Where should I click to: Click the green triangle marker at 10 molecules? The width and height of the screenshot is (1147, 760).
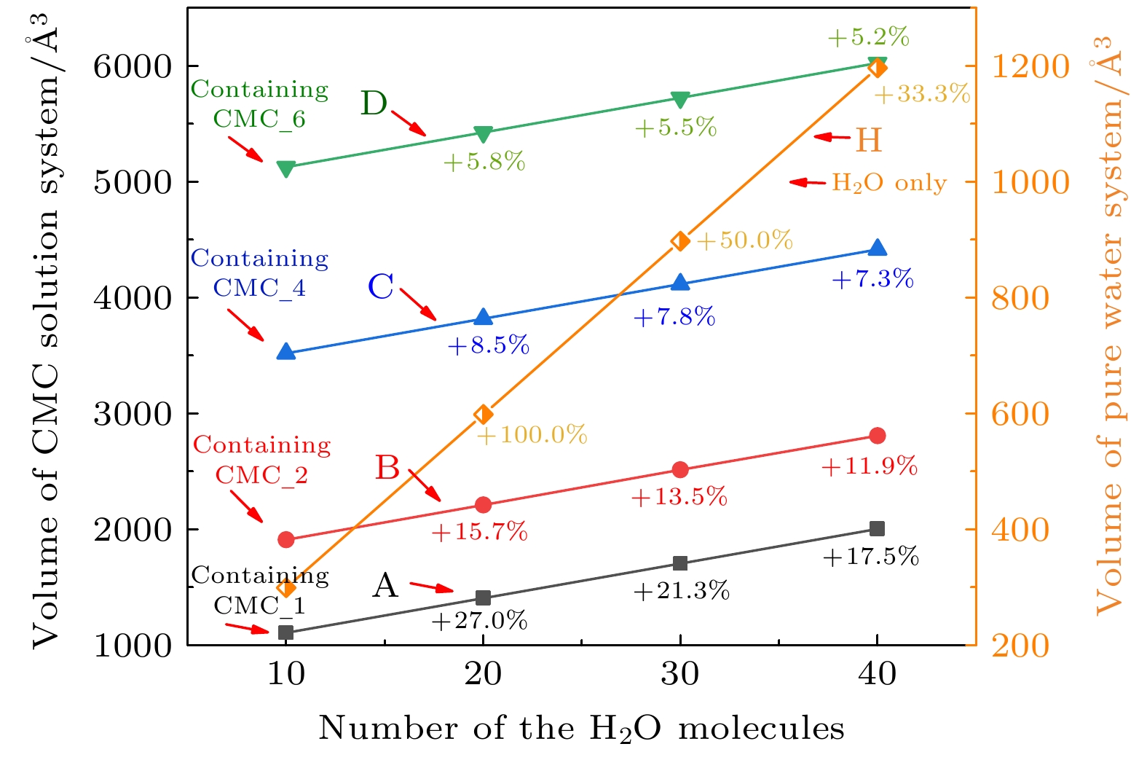pyautogui.click(x=286, y=169)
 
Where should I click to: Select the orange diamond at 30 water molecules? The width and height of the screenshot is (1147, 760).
pyautogui.click(x=680, y=241)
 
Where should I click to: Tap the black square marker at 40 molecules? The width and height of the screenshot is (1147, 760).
pyautogui.click(x=877, y=528)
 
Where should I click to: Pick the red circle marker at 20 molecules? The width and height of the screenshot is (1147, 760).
pyautogui.click(x=483, y=505)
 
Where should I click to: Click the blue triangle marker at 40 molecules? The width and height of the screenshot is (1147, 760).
pyautogui.click(x=878, y=248)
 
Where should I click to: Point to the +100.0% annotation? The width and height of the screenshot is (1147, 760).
pyautogui.click(x=532, y=435)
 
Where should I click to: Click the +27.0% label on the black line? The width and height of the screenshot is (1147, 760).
pyautogui.click(x=479, y=621)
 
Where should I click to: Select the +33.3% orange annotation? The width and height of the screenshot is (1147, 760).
pyautogui.click(x=922, y=94)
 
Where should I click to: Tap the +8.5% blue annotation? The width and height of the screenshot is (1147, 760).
pyautogui.click(x=488, y=345)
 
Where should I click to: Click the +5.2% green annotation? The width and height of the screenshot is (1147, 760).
pyautogui.click(x=869, y=37)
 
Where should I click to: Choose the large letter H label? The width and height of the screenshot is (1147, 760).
pyautogui.click(x=868, y=140)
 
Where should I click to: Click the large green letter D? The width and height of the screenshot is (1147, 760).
pyautogui.click(x=374, y=103)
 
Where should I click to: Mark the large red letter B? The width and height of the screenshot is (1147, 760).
pyautogui.click(x=387, y=468)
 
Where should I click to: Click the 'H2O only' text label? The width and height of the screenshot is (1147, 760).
pyautogui.click(x=889, y=183)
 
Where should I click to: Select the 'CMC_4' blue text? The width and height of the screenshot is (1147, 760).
pyautogui.click(x=259, y=289)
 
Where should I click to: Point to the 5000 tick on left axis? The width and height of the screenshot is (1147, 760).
pyautogui.click(x=132, y=182)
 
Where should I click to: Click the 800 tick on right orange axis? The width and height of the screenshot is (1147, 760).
pyautogui.click(x=1020, y=298)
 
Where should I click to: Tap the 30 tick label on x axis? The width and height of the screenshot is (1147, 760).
pyautogui.click(x=680, y=675)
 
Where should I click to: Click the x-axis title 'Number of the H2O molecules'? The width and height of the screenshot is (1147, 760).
pyautogui.click(x=581, y=729)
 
